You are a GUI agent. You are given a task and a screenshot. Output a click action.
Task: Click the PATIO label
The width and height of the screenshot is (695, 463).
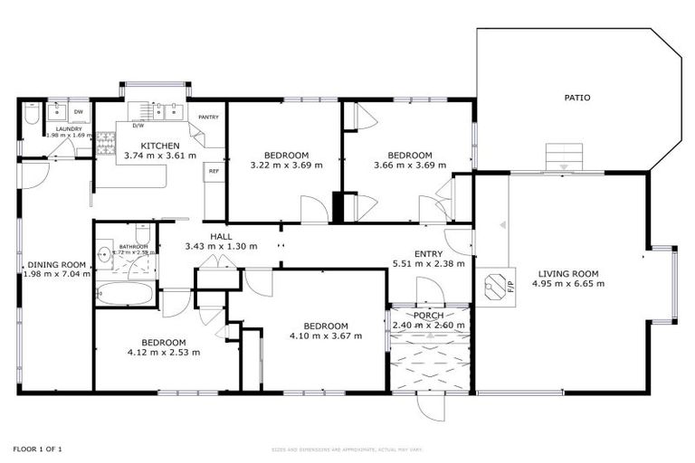[577, 98]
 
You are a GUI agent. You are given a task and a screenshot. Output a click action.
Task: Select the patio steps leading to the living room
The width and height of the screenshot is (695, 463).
[564, 156]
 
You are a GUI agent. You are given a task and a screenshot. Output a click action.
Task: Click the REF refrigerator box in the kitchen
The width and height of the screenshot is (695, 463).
[214, 170]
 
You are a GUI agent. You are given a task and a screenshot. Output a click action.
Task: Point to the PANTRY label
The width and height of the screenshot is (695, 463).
[209, 117]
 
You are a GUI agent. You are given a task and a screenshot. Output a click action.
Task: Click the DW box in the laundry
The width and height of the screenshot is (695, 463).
[79, 112]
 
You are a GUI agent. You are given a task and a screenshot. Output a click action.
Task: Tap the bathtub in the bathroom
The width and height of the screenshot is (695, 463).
[126, 294]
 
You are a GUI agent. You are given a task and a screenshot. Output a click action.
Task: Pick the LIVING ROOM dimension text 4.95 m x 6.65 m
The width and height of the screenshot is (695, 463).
[570, 284]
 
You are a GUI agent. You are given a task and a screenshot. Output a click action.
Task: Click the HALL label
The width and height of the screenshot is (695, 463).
[221, 237]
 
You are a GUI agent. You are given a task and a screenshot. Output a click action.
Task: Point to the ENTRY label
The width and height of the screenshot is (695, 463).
[429, 254]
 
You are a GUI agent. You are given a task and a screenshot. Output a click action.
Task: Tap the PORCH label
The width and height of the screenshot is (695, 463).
[428, 316]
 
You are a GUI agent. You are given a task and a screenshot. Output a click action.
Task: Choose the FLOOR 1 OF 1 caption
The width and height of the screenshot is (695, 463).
[37, 449]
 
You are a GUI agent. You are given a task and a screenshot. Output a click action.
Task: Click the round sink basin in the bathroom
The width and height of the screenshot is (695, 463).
[104, 253]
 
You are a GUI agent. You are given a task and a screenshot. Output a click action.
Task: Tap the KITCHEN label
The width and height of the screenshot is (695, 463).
[159, 146]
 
